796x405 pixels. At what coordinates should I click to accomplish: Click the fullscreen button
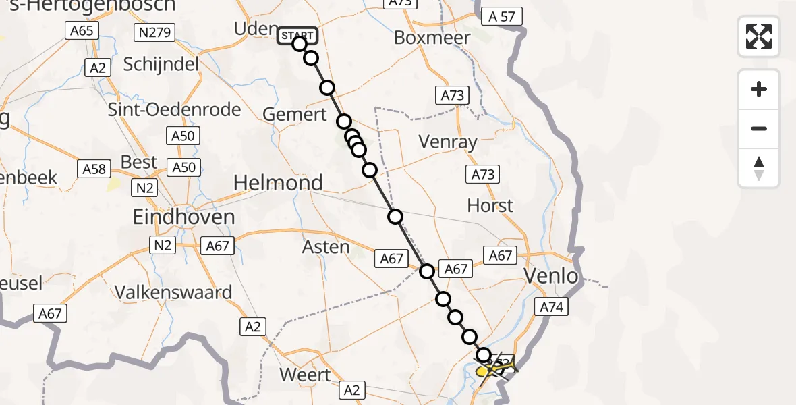[759, 36]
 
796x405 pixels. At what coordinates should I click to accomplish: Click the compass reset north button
[759, 168]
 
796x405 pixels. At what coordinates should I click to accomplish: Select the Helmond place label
[278, 183]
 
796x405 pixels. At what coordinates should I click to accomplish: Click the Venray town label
[448, 142]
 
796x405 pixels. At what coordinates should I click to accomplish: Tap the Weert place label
[306, 375]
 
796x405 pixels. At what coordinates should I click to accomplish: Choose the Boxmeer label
[432, 38]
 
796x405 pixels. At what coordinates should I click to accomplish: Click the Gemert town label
[295, 114]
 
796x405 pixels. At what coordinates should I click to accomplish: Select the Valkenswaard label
[173, 292]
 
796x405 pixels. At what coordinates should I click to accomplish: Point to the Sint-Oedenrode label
[174, 109]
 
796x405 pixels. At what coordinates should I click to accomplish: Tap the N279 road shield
[154, 32]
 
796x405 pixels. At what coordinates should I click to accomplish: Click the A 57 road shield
[502, 18]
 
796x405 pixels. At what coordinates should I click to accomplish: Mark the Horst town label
[490, 205]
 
